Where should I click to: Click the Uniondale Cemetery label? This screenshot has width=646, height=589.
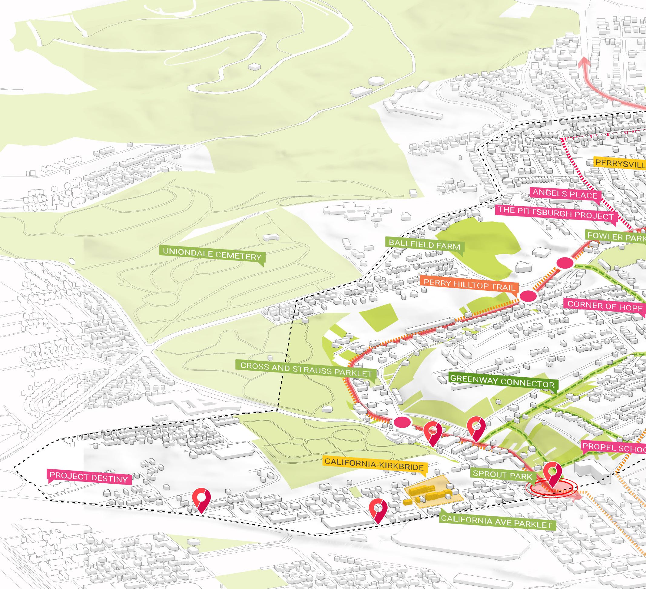[212, 256]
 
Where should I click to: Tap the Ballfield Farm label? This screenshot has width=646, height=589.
[424, 245]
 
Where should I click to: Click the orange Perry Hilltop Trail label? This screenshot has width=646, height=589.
[469, 285]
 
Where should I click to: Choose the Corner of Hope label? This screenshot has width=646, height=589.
[605, 306]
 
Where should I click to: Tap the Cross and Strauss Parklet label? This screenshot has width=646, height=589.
[306, 369]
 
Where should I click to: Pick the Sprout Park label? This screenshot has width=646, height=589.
[502, 475]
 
